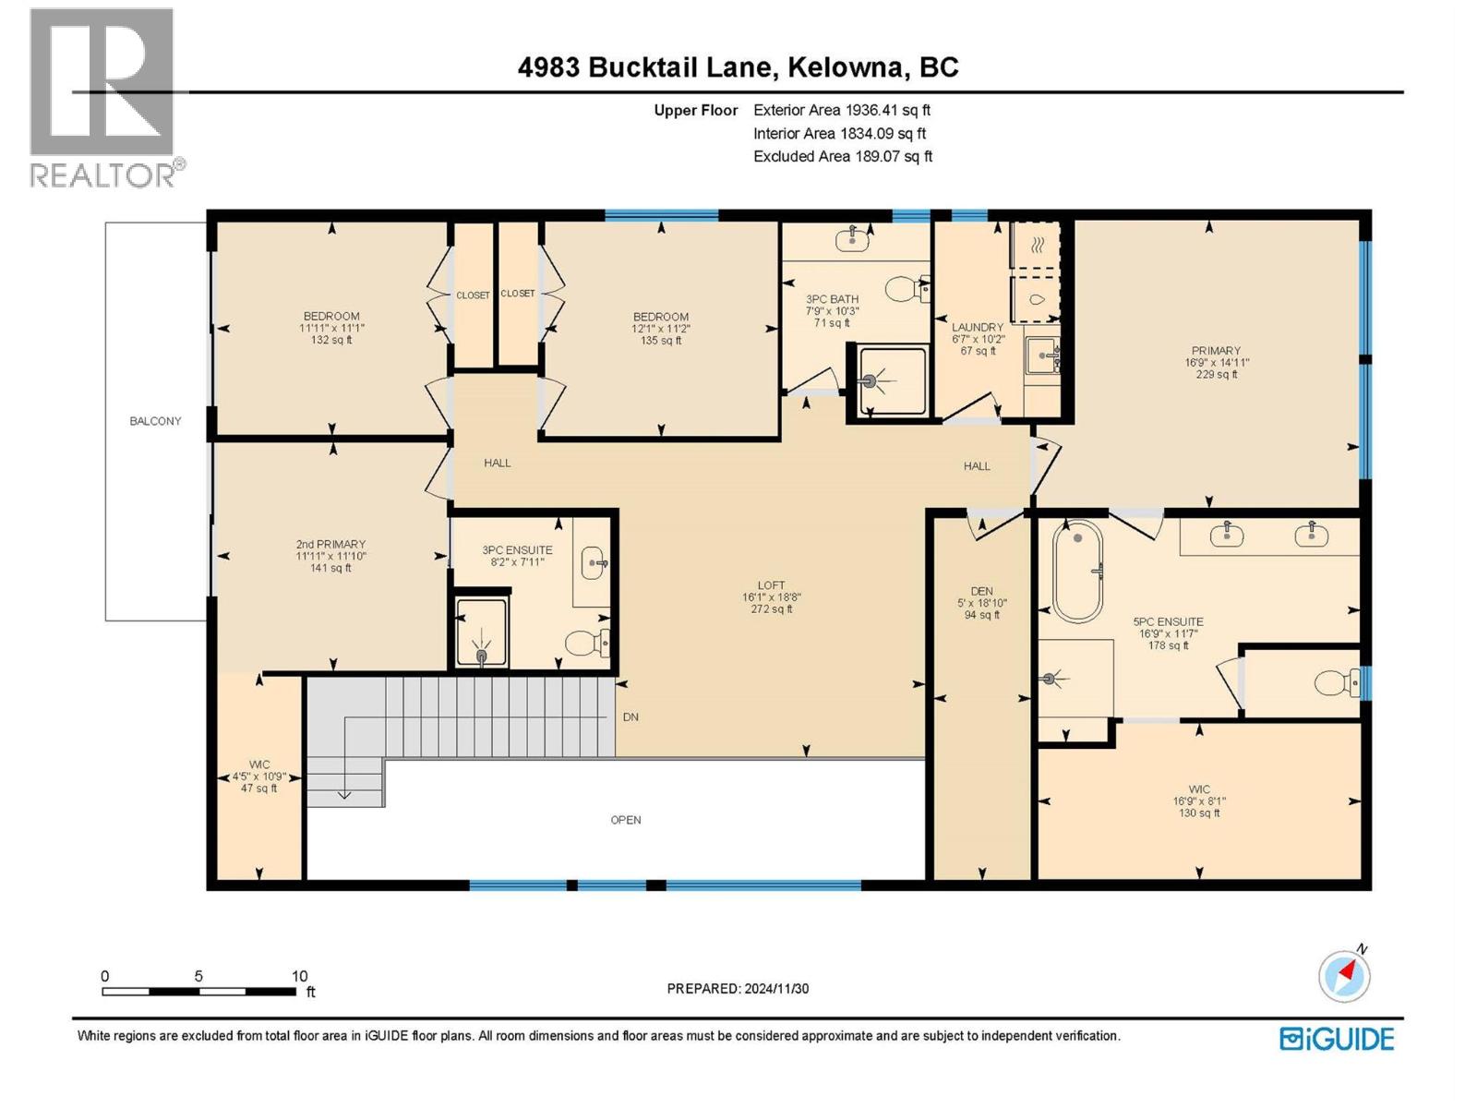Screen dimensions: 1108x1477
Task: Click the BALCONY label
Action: point(155,421)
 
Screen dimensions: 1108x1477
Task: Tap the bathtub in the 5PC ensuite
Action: point(1077,572)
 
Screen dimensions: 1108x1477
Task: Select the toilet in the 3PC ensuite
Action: point(585,642)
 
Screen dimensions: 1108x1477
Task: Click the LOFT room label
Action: point(771,585)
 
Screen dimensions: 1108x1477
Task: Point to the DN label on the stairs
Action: point(630,717)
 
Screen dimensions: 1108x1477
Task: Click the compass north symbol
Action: point(1344,975)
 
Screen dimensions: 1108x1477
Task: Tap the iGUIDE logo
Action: point(1337,1039)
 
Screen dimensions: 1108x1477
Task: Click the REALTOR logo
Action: point(102,98)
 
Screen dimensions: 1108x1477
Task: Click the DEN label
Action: point(981,591)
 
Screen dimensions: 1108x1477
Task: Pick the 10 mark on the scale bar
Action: point(299,976)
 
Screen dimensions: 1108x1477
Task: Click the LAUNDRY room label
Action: point(978,327)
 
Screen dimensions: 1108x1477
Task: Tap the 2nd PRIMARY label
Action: point(330,544)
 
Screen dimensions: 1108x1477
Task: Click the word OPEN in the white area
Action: point(626,820)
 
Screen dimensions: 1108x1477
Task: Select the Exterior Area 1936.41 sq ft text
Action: point(842,110)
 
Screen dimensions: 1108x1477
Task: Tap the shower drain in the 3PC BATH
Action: point(870,380)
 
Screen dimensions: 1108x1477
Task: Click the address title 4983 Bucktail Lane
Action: point(738,67)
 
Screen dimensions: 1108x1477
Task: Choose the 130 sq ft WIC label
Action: point(1199,801)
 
